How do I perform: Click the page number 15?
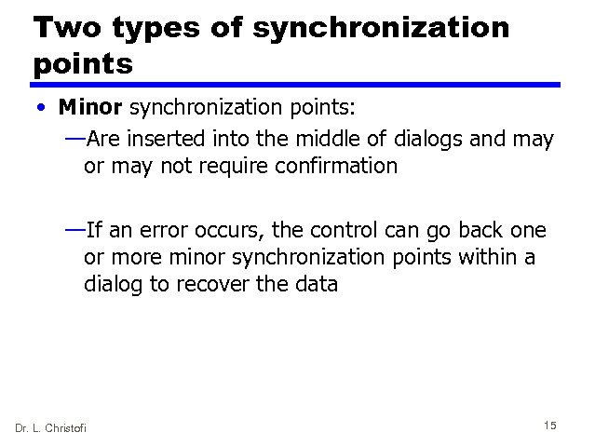point(549,426)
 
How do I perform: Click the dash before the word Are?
point(74,140)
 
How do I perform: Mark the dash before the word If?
point(74,230)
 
